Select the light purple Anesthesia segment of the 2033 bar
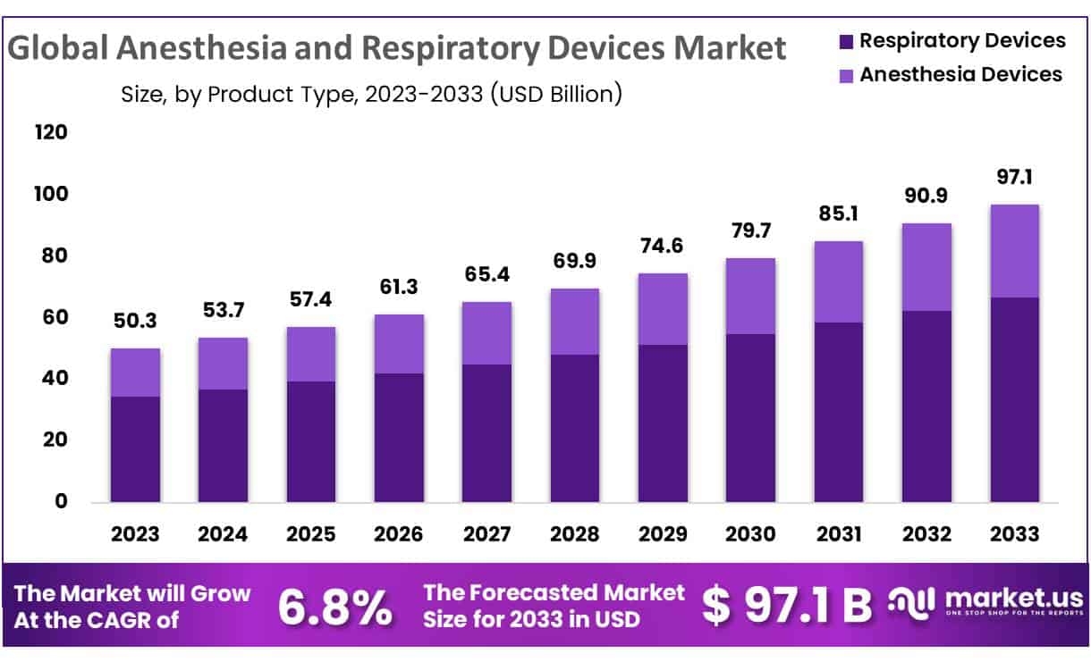(x=1014, y=251)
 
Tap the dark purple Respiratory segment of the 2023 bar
(x=135, y=448)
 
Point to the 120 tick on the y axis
(x=51, y=133)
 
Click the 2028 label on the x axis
(x=574, y=534)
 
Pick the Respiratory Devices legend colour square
(x=846, y=41)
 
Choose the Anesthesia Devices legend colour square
(x=846, y=76)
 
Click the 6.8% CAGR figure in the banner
(x=334, y=608)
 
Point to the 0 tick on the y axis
(x=61, y=501)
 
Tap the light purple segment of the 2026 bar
(x=399, y=344)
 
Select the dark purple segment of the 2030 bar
(x=750, y=418)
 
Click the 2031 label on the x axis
(x=838, y=534)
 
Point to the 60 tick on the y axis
(x=55, y=317)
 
